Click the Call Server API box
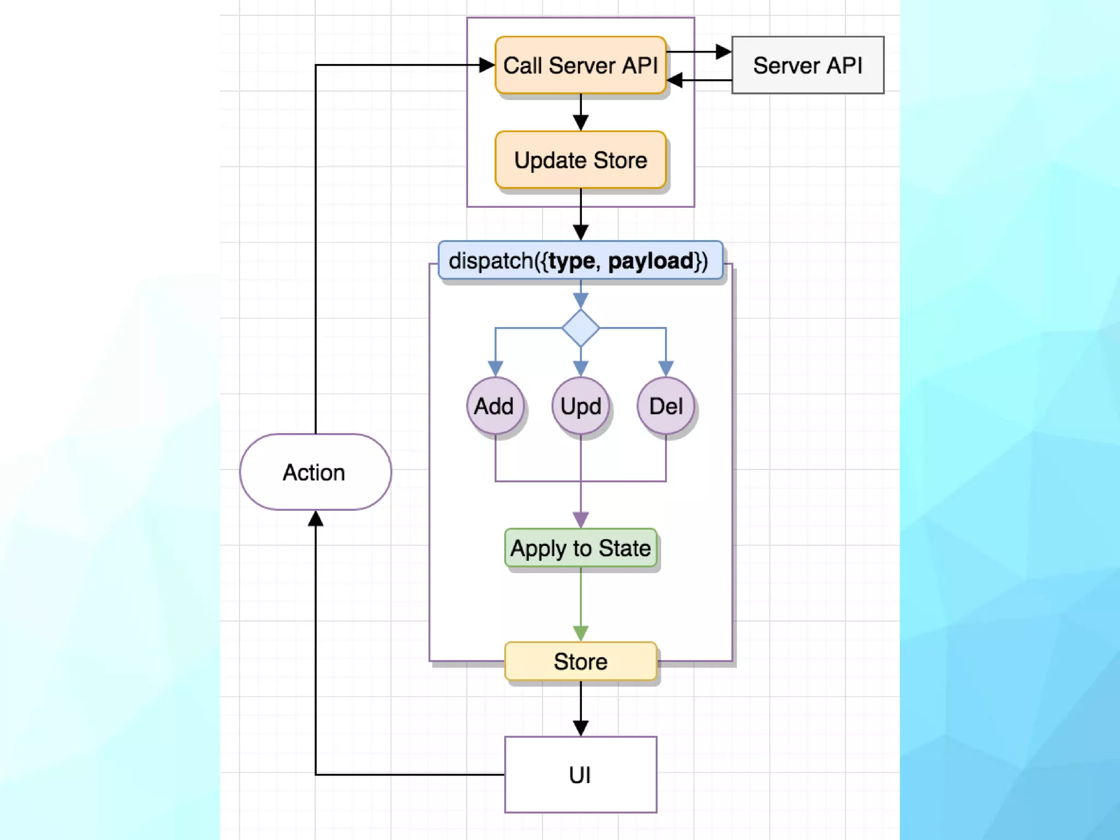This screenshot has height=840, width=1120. click(x=580, y=65)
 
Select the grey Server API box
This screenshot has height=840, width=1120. click(x=807, y=65)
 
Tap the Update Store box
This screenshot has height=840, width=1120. click(x=580, y=160)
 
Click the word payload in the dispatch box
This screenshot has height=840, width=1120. click(x=651, y=261)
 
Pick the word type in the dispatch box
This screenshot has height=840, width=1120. click(x=571, y=261)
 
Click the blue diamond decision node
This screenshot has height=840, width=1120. click(x=580, y=328)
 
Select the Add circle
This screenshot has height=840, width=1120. click(x=495, y=406)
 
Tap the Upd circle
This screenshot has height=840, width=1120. click(x=580, y=406)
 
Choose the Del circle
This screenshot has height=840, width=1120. click(x=666, y=406)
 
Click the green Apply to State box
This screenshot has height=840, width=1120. click(x=580, y=548)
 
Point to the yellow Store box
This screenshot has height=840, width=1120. click(x=580, y=661)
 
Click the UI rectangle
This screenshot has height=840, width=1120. click(x=580, y=774)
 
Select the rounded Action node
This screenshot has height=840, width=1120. click(x=315, y=472)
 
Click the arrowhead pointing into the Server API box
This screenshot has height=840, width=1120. click(x=724, y=52)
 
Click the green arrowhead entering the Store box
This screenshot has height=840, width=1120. click(x=580, y=634)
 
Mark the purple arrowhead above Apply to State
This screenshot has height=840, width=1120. click(x=580, y=520)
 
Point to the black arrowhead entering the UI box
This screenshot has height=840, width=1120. click(x=580, y=728)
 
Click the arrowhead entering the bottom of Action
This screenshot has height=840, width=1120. click(x=315, y=518)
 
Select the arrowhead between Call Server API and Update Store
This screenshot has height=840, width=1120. click(x=580, y=122)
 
